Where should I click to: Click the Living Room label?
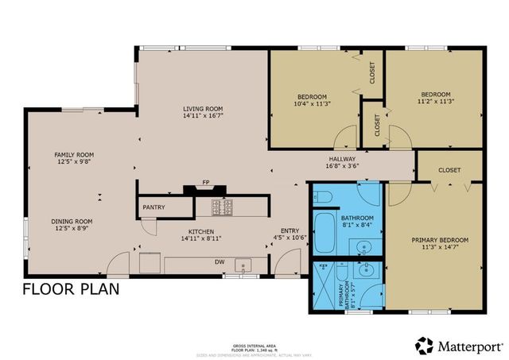(x=203, y=109)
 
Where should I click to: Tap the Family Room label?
(x=74, y=154)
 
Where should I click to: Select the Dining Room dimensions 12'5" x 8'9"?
(x=72, y=229)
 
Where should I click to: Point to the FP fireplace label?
(x=205, y=182)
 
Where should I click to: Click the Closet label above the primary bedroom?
(x=449, y=169)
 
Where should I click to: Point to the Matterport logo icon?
(x=425, y=346)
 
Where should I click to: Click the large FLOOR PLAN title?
(x=72, y=288)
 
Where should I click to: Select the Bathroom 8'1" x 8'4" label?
(x=357, y=221)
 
